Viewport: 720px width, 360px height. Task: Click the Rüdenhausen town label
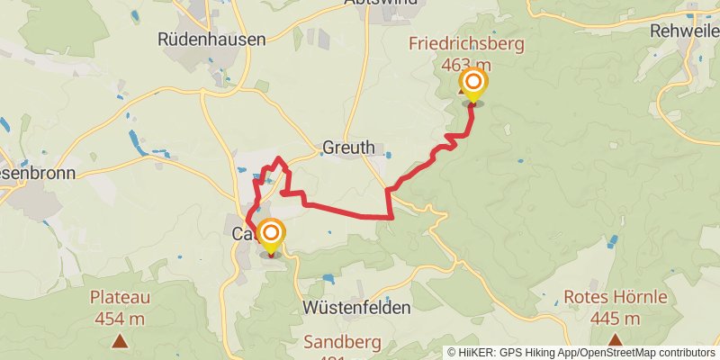[211, 39]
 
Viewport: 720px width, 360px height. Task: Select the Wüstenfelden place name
[358, 307]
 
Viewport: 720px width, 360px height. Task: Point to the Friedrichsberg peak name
[466, 43]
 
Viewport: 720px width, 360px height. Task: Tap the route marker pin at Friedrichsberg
[472, 85]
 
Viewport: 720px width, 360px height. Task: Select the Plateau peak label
[120, 297]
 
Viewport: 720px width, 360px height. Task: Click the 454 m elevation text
[120, 318]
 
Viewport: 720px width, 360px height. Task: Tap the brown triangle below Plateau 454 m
[120, 340]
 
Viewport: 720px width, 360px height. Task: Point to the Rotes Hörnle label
[616, 297]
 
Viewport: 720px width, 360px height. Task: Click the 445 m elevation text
[616, 318]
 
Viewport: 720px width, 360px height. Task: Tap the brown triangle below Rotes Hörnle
[616, 340]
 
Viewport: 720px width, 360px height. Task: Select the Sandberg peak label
[342, 342]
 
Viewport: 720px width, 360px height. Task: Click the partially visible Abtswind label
[381, 4]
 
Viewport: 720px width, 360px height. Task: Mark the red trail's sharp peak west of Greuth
[279, 159]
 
